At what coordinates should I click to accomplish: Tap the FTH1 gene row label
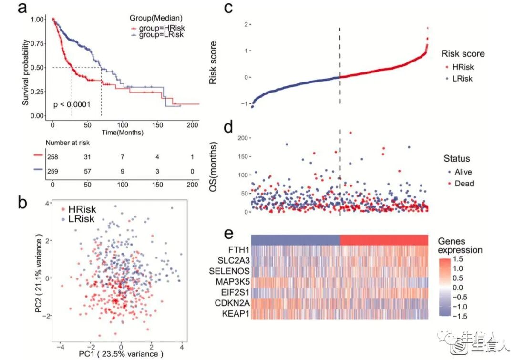(x=236, y=250)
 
